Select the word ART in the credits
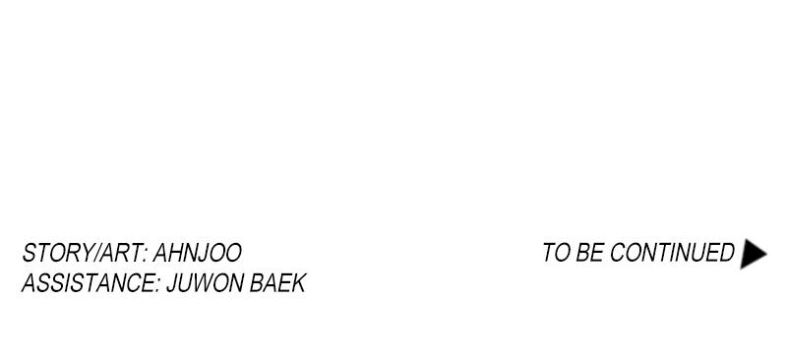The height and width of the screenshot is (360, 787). pyautogui.click(x=118, y=253)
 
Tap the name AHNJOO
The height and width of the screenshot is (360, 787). pyautogui.click(x=198, y=253)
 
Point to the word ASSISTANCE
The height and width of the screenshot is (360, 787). pyautogui.click(x=88, y=283)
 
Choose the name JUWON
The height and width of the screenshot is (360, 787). pyautogui.click(x=205, y=283)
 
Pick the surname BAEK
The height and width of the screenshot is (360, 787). pyautogui.click(x=277, y=283)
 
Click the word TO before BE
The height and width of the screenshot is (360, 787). pyautogui.click(x=556, y=252)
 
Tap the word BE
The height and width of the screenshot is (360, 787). pyautogui.click(x=589, y=252)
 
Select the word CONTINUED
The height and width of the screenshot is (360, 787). pyautogui.click(x=672, y=252)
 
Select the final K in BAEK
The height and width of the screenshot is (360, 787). pyautogui.click(x=298, y=283)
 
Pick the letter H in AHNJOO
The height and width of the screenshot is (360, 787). pyautogui.click(x=177, y=253)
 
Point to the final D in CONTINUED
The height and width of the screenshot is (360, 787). pyautogui.click(x=726, y=252)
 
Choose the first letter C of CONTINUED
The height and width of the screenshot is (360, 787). pyautogui.click(x=618, y=252)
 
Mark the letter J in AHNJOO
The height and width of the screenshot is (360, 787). pyautogui.click(x=207, y=253)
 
